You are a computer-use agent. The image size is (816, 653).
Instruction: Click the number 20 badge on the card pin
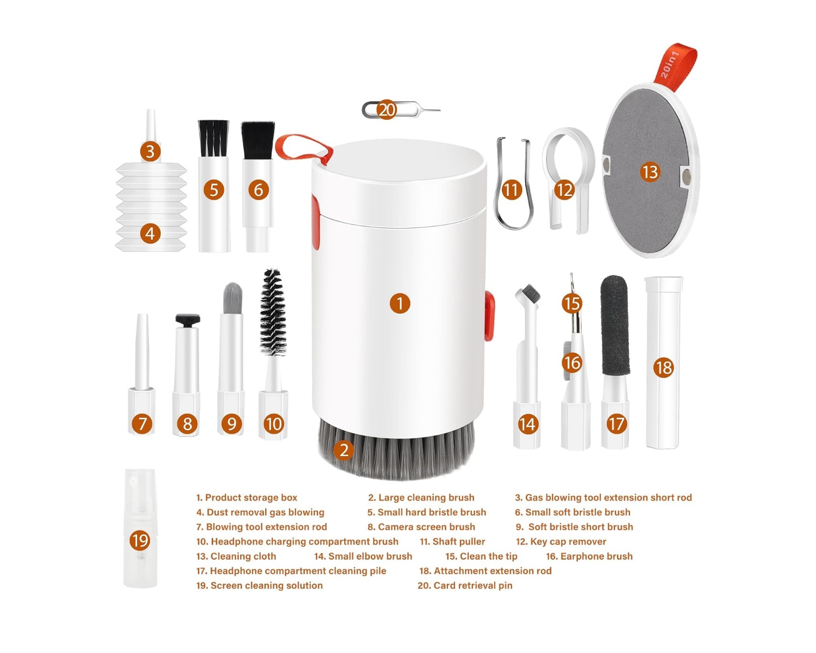[387, 110]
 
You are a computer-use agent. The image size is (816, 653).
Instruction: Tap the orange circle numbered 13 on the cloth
[650, 172]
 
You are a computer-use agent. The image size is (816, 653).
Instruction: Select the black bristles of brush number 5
[214, 138]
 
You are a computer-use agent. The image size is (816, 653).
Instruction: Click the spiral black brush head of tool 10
[272, 312]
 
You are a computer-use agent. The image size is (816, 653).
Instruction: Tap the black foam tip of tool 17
[615, 325]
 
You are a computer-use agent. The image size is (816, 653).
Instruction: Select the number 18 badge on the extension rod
[663, 367]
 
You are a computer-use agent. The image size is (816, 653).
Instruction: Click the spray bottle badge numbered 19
[140, 540]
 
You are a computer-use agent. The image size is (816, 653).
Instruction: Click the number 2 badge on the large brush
[344, 450]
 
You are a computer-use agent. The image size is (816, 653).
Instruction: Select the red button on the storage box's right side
[489, 316]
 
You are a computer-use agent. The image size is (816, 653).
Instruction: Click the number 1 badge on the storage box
[400, 303]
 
